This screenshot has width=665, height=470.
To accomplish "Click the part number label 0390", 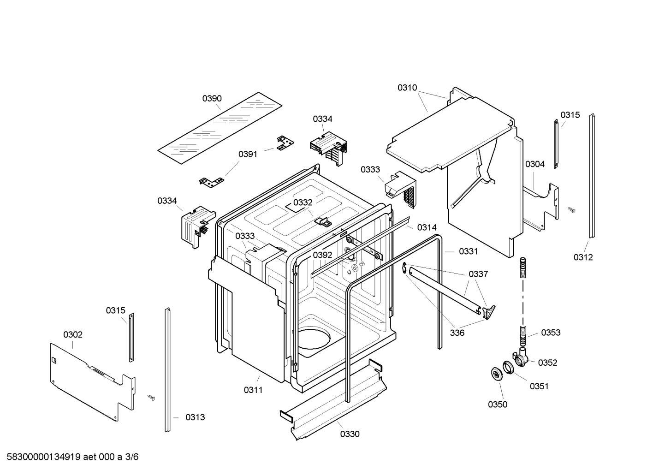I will click(x=212, y=98).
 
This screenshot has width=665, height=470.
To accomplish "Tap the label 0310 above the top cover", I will click(x=407, y=88).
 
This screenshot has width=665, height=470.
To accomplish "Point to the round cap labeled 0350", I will click(x=497, y=375).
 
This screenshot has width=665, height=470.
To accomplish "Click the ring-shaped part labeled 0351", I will click(x=508, y=368).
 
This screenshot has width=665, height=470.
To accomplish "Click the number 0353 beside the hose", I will click(x=551, y=333).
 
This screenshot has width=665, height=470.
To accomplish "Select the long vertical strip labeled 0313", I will click(x=167, y=369).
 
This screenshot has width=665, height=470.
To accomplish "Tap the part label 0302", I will click(x=73, y=334).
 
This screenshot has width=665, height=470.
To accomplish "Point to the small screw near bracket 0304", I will click(x=572, y=210).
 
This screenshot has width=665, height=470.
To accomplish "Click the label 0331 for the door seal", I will click(x=468, y=251).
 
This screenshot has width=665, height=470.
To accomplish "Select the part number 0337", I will click(x=478, y=274).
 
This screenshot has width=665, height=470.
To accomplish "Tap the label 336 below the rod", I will click(x=457, y=333).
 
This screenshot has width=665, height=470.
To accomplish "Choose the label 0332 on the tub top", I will click(x=303, y=202).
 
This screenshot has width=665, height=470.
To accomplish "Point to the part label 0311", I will click(x=253, y=390).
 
